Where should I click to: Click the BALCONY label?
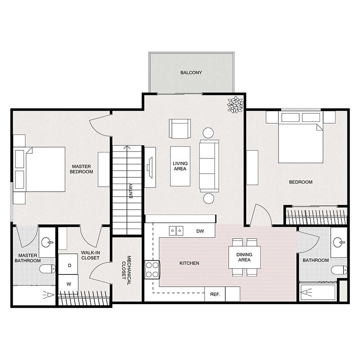click(191, 72)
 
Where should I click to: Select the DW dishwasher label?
click(200, 231)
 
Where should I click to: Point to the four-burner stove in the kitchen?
click(153, 270)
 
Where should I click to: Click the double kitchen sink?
click(176, 231)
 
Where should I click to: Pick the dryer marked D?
click(69, 265)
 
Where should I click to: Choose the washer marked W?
click(69, 284)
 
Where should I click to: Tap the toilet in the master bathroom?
click(46, 270)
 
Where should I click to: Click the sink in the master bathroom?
click(47, 243)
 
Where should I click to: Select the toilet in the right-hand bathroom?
click(339, 270)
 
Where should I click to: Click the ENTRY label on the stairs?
click(130, 192)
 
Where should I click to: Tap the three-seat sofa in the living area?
click(209, 166)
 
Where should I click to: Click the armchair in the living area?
click(180, 130)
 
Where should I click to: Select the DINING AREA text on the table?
click(245, 257)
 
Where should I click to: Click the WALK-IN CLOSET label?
click(90, 256)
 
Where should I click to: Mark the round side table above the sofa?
click(208, 133)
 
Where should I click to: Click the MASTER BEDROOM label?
click(82, 169)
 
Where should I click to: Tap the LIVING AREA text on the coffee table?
click(180, 166)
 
